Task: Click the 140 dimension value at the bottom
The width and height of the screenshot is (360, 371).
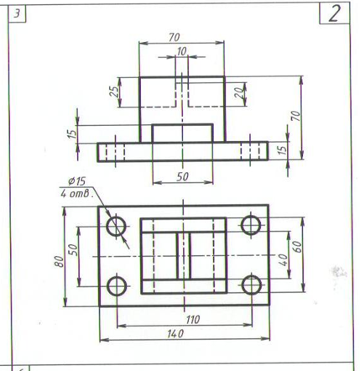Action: point(175,334)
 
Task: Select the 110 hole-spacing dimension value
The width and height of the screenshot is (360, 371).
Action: point(193,320)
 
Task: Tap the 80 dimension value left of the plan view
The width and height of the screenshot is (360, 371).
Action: point(60,262)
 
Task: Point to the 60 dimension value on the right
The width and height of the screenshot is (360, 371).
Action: point(298,247)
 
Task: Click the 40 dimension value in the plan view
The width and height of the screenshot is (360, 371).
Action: point(284,260)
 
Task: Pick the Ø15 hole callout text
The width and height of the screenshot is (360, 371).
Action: point(76,181)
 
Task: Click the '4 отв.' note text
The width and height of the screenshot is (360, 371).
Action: point(76,194)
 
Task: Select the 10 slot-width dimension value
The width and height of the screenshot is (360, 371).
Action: point(181,51)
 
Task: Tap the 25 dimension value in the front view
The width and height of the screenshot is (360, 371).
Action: point(114,91)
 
